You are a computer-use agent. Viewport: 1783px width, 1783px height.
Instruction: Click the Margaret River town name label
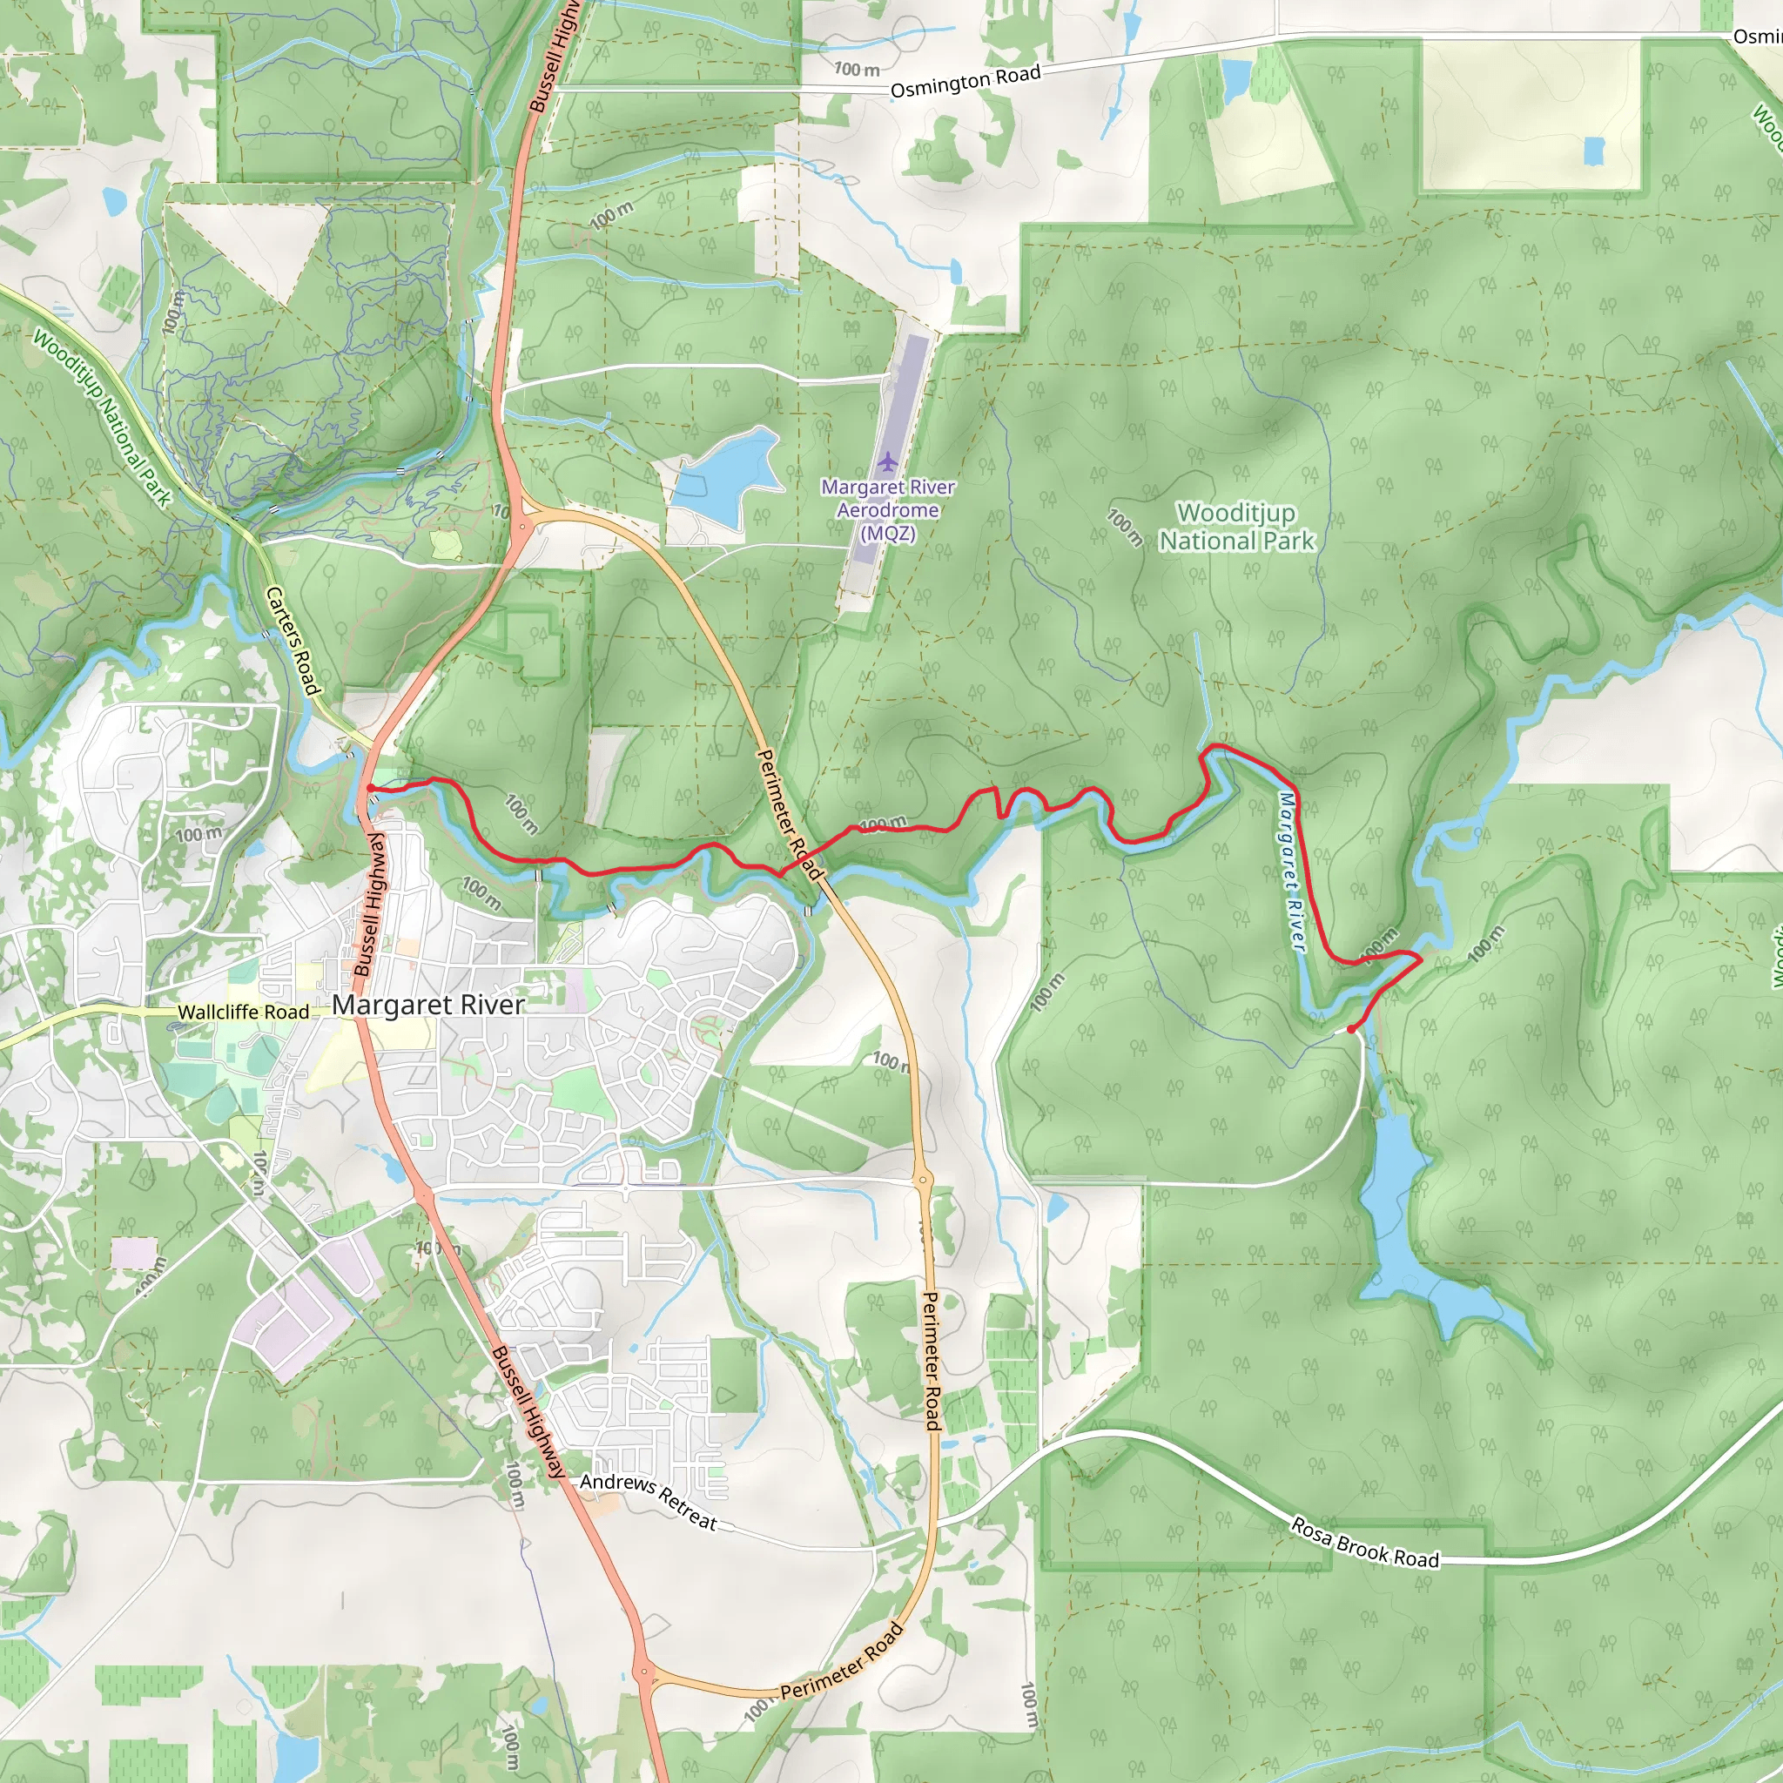tap(428, 1004)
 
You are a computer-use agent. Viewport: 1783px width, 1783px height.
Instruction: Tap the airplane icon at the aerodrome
tap(887, 460)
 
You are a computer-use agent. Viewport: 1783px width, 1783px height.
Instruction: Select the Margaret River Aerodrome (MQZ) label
tap(887, 509)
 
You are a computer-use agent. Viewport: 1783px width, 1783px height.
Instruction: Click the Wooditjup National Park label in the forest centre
tap(1235, 526)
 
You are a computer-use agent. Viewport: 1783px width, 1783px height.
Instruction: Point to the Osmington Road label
tap(966, 81)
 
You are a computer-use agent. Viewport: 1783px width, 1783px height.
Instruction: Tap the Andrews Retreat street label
tap(649, 1501)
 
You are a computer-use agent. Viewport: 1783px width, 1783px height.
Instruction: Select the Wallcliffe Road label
tap(243, 1013)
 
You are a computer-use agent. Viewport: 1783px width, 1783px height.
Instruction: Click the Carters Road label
tap(293, 641)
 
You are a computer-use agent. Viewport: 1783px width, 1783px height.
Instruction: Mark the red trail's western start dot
tap(370, 788)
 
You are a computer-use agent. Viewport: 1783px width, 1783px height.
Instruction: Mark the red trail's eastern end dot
tap(1351, 1029)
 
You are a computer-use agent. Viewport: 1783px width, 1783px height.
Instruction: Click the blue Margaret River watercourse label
tap(1292, 871)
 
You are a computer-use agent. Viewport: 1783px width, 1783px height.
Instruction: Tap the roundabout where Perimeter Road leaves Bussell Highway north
tap(522, 527)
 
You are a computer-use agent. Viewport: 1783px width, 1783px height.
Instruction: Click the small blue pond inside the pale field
tap(1594, 151)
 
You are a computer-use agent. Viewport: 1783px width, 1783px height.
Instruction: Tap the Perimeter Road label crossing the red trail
tap(789, 814)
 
